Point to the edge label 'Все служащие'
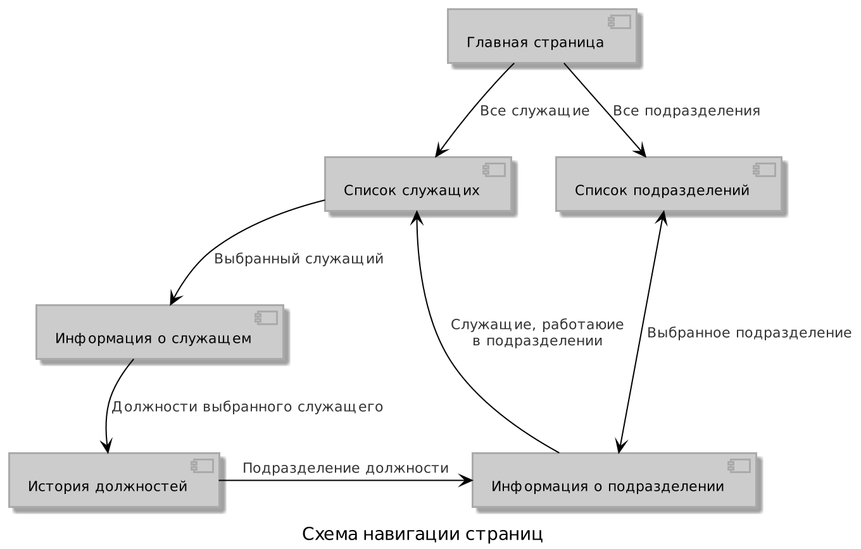coord(535,111)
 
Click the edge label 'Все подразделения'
coord(686,111)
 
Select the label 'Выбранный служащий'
coord(299,259)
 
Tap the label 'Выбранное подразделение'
coord(749,333)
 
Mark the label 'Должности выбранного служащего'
coord(248,407)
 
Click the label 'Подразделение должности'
coord(346,469)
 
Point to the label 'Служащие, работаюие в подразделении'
coord(537,333)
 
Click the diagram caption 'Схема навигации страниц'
coord(422,534)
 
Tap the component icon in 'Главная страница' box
coord(619,22)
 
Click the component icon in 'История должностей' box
coord(203,466)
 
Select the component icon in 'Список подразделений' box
coord(764,170)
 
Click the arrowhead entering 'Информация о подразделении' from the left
coord(467,480)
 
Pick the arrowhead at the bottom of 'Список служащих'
coord(417,217)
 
